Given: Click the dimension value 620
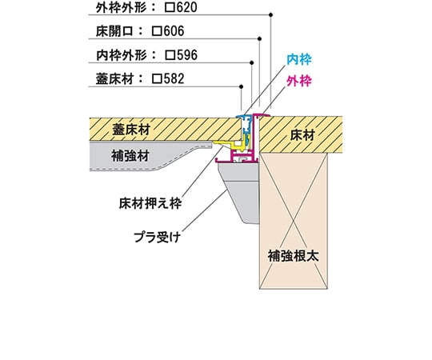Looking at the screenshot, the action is [186, 7].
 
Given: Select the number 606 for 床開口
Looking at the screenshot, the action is [174, 31].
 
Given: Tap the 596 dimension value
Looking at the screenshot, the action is [186, 55].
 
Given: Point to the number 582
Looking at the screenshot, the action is [174, 78].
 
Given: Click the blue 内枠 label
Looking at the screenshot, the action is [299, 59].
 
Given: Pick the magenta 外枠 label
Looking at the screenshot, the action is [299, 82].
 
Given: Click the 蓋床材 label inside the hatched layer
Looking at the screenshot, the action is [131, 130].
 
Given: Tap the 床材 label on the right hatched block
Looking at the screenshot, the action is [302, 135].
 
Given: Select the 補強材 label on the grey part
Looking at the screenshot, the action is [130, 156].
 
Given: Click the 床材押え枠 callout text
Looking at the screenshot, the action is [150, 204].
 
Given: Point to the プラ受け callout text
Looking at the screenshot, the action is [158, 237].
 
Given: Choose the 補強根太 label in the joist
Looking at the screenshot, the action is [294, 256].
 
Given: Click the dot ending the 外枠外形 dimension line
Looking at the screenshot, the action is [271, 14].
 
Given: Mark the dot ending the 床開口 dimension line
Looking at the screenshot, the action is [259, 39].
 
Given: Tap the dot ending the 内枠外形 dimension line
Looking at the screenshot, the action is [251, 63].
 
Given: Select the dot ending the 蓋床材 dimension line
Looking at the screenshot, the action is [242, 86].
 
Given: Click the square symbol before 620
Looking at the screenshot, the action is [170, 8].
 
